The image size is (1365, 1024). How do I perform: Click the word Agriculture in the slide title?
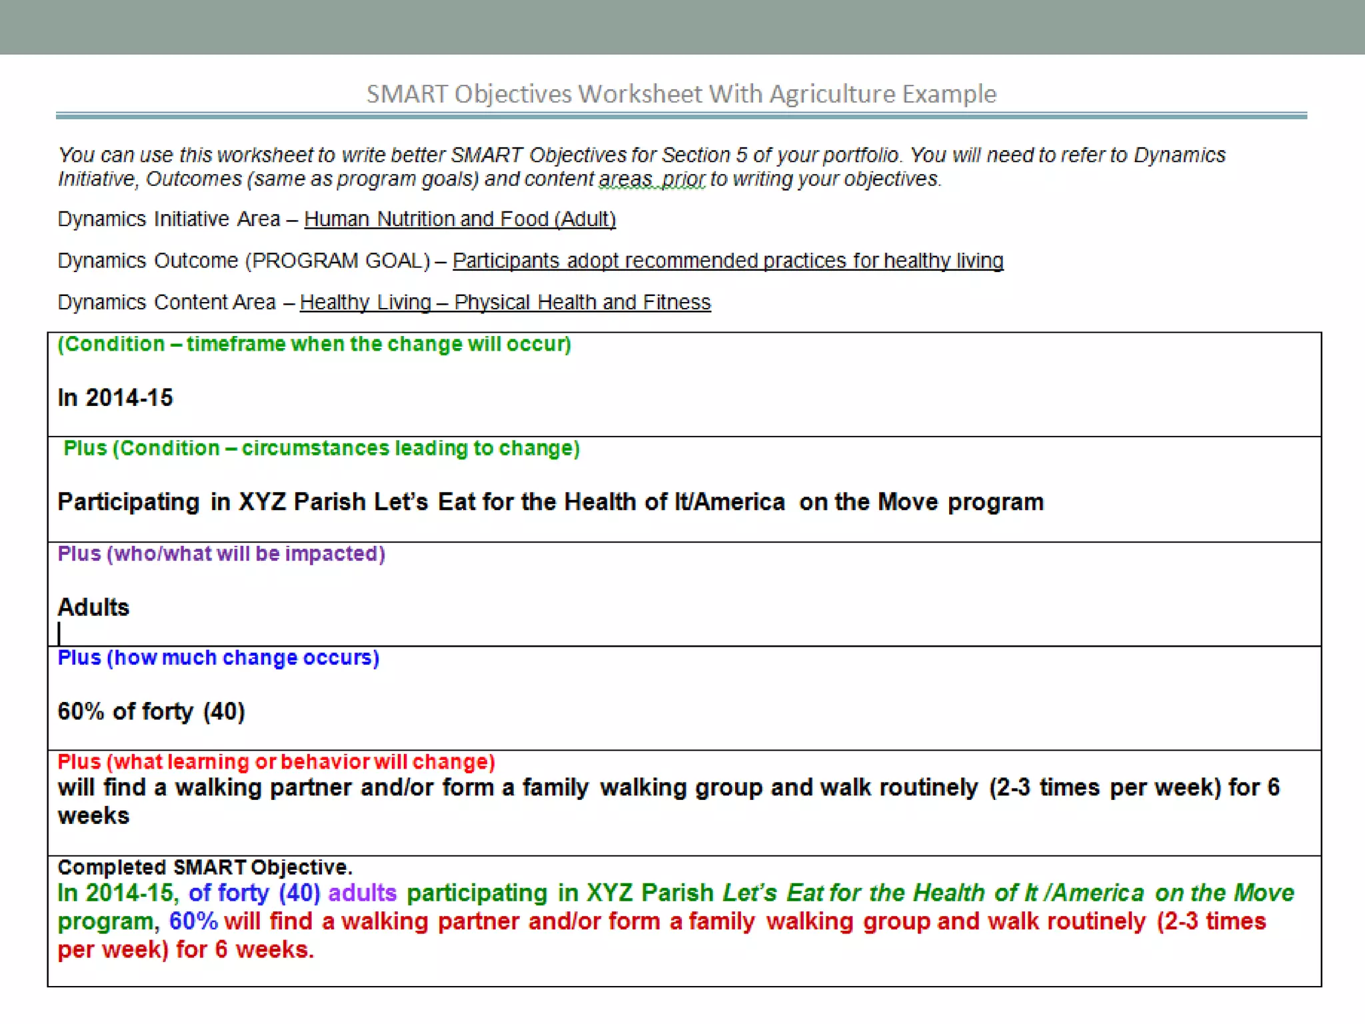(x=832, y=94)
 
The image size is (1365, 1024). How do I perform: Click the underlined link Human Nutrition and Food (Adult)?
(x=460, y=219)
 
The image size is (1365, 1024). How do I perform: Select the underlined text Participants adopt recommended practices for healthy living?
(x=728, y=261)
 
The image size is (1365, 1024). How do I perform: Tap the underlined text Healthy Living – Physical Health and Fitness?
(x=505, y=303)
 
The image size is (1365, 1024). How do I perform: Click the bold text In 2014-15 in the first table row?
(x=115, y=398)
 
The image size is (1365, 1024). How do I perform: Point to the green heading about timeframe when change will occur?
(x=314, y=344)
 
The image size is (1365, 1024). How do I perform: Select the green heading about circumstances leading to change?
(x=321, y=448)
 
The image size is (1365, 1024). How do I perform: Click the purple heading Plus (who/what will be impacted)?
(x=221, y=553)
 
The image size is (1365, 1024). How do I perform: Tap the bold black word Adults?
(x=93, y=607)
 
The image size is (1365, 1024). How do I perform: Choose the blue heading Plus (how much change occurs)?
(x=219, y=657)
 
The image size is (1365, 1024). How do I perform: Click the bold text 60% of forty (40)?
(x=151, y=711)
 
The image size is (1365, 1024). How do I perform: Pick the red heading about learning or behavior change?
(x=276, y=761)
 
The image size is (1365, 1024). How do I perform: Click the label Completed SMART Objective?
(x=205, y=867)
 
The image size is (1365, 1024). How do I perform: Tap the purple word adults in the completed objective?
(x=362, y=893)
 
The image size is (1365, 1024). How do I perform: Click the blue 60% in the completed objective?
(x=193, y=921)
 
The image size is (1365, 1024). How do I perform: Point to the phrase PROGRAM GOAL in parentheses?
(x=338, y=261)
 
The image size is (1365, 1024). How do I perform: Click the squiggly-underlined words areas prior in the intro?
(x=651, y=179)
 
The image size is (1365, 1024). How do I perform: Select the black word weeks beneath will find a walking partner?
(x=93, y=816)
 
